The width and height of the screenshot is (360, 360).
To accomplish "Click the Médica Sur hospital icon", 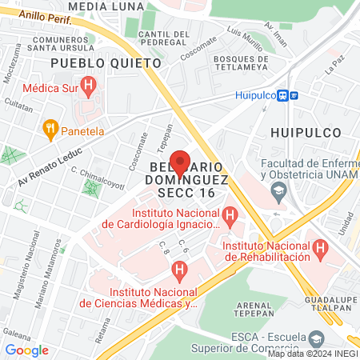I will pos(89,82).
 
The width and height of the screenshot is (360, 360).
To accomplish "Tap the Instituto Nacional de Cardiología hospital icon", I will pos(230,214).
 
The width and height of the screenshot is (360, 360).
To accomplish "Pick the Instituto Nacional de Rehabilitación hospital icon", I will pos(320,247).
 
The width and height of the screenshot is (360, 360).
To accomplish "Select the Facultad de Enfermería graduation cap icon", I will pos(278,190).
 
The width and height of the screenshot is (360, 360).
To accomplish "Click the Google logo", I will pos(26,350).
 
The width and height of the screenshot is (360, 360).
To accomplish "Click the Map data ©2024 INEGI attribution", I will pos(312,354).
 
